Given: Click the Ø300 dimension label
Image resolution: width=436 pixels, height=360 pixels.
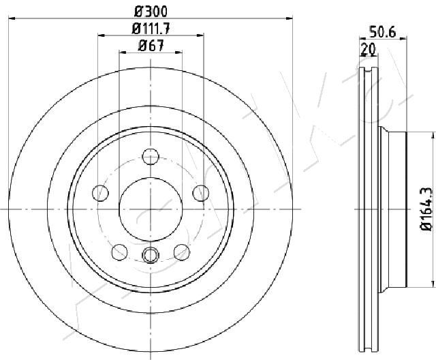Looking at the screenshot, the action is click(x=151, y=12).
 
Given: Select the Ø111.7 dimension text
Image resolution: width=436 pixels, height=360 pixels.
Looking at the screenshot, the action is click(x=151, y=29).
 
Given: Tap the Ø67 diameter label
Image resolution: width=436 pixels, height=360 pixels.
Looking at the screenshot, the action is click(x=151, y=46).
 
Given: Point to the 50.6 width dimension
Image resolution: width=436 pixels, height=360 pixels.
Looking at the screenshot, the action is click(x=382, y=33).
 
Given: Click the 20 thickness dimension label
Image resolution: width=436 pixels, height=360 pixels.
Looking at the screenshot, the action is click(x=368, y=49).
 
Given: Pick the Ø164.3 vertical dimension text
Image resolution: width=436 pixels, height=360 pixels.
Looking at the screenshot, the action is click(x=426, y=209).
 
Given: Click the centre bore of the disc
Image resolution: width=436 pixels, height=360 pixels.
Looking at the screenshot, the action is click(x=151, y=209).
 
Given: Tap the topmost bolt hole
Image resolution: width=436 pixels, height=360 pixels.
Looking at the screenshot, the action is click(x=151, y=156).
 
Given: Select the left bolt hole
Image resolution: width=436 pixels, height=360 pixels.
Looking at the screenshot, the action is click(x=100, y=193).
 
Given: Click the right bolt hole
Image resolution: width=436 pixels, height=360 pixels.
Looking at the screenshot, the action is click(x=201, y=193).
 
